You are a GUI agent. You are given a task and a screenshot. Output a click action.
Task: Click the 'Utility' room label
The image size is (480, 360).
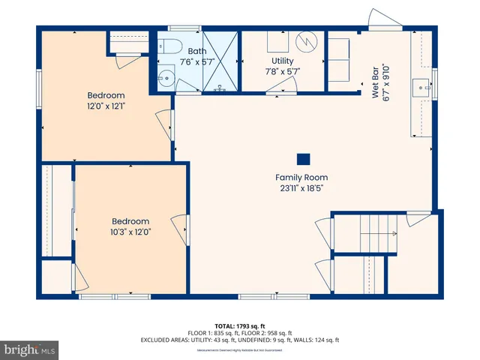pos(283,61)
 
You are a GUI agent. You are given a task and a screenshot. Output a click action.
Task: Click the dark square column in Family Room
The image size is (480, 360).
pos(303,159)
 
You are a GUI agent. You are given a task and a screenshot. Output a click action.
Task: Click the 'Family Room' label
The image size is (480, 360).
pos(301,178)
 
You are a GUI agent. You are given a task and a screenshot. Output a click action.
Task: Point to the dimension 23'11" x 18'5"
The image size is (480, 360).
pos(301,188)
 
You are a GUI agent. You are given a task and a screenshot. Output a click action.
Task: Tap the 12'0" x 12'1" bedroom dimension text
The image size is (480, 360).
pos(106,106)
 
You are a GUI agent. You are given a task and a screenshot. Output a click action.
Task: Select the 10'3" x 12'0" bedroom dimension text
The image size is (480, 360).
pos(130,232)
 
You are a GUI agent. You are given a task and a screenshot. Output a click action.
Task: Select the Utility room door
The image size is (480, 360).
pos(279,89)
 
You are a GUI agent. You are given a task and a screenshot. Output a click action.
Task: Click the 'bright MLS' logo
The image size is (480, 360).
pos(30,350)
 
